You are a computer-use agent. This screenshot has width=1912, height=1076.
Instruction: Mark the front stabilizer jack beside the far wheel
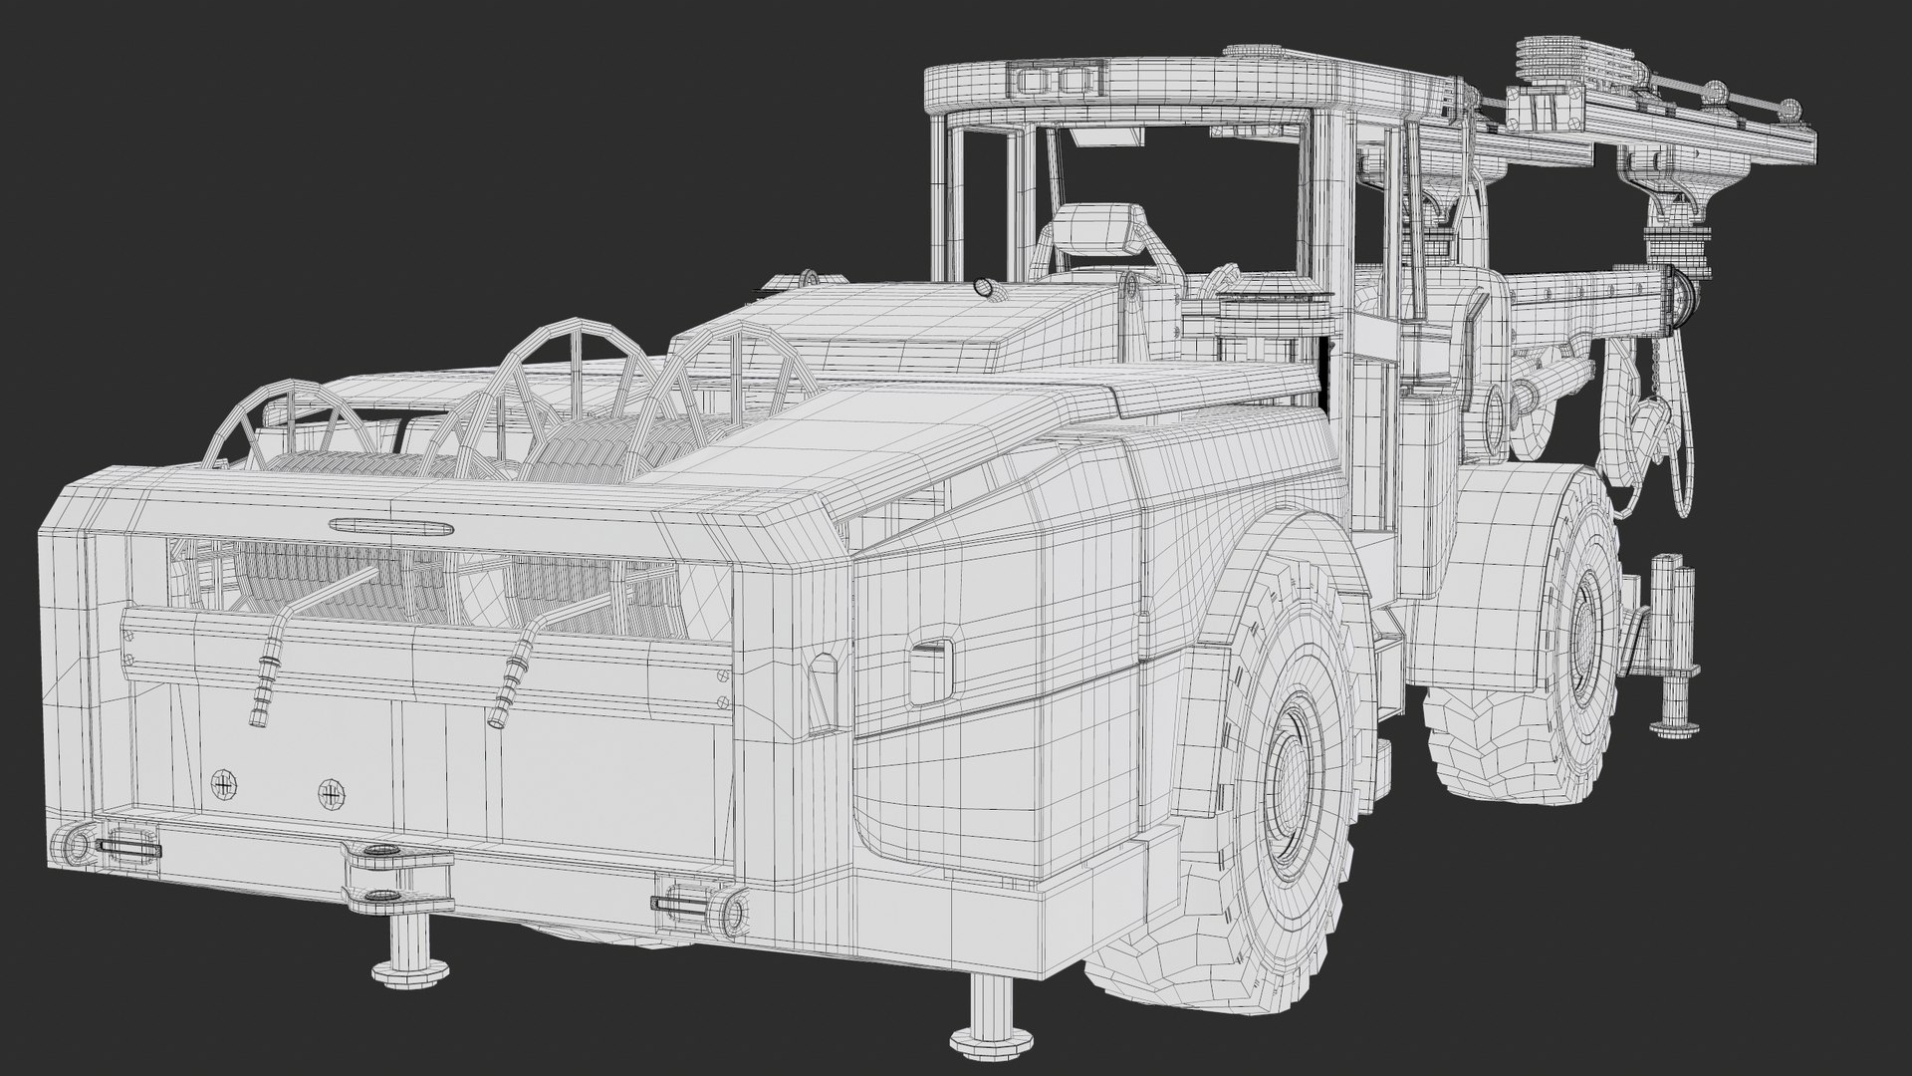coord(1670,648)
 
